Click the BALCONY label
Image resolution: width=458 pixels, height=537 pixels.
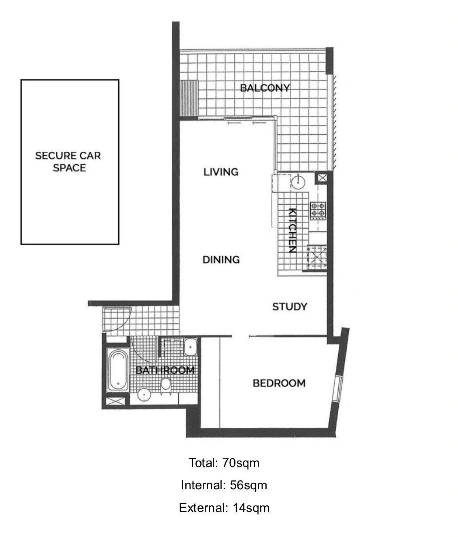[265, 88]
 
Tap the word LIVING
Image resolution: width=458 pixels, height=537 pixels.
[221, 172]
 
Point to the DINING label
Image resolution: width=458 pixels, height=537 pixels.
[221, 260]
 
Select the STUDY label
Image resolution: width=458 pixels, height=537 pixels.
[290, 307]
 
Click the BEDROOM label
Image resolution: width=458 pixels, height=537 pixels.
[279, 383]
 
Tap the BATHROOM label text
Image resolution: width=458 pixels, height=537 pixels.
[165, 370]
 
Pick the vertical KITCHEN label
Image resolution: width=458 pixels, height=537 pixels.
[293, 230]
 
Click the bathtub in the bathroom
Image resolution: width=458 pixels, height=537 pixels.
[118, 370]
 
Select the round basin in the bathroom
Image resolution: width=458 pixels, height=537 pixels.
[144, 395]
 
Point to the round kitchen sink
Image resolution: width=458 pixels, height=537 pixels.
[298, 182]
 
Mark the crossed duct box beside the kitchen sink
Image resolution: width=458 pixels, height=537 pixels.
[322, 178]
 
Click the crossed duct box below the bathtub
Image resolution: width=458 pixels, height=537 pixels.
[115, 401]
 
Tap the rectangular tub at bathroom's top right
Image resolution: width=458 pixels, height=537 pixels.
[191, 347]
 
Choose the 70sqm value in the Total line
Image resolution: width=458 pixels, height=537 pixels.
[241, 463]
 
